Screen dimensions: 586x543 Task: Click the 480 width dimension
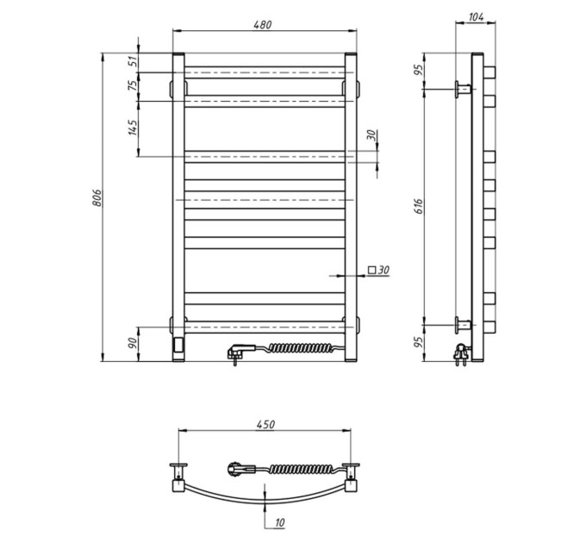(263, 25)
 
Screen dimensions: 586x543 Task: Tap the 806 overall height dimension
(97, 197)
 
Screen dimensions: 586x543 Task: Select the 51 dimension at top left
(133, 62)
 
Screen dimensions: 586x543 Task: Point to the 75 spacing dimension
(133, 85)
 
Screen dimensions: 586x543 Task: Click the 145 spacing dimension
(133, 127)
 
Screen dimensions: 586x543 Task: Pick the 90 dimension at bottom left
(133, 343)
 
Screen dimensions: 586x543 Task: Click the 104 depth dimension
(476, 17)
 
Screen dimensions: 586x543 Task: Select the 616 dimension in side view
(419, 206)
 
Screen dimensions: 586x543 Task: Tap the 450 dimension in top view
(265, 425)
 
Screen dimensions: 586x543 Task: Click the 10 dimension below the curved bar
(279, 522)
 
